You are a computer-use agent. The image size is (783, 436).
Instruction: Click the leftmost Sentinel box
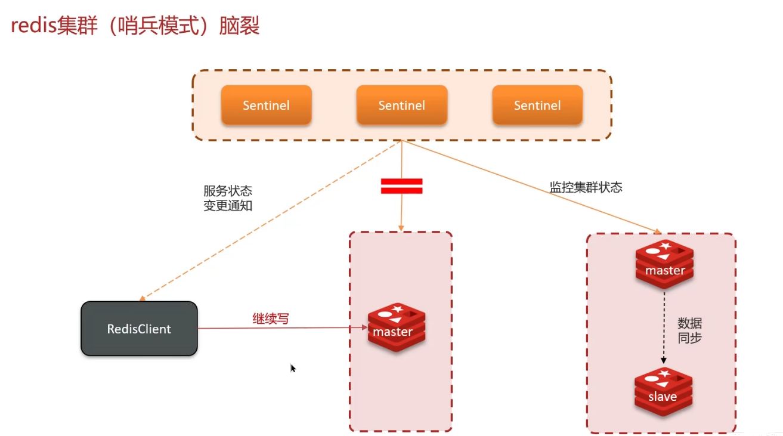point(266,105)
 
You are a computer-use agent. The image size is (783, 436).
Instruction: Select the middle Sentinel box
point(401,105)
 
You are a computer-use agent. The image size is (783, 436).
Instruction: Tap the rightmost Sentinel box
point(537,105)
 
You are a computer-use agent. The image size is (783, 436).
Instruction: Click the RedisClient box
point(139,329)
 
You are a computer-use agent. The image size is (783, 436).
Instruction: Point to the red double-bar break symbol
point(401,186)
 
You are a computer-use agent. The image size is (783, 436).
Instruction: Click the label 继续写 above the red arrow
point(271,319)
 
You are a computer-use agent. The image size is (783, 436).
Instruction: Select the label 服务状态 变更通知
point(228,199)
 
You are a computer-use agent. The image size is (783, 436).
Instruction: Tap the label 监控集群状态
point(586,187)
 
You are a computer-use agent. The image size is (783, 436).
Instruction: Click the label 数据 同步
point(689,330)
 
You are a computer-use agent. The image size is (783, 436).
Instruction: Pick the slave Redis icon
point(663,391)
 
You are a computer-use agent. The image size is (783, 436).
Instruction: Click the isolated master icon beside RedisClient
point(397,327)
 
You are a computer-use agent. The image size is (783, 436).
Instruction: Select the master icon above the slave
point(664,265)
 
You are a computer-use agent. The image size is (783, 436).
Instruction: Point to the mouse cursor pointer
point(293,368)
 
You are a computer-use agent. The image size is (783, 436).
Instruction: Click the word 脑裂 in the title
point(239,26)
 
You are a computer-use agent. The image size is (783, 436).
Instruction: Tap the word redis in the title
point(33,26)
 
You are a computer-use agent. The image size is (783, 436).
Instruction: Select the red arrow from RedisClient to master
point(280,328)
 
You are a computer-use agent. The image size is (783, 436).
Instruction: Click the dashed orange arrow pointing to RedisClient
point(268,221)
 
